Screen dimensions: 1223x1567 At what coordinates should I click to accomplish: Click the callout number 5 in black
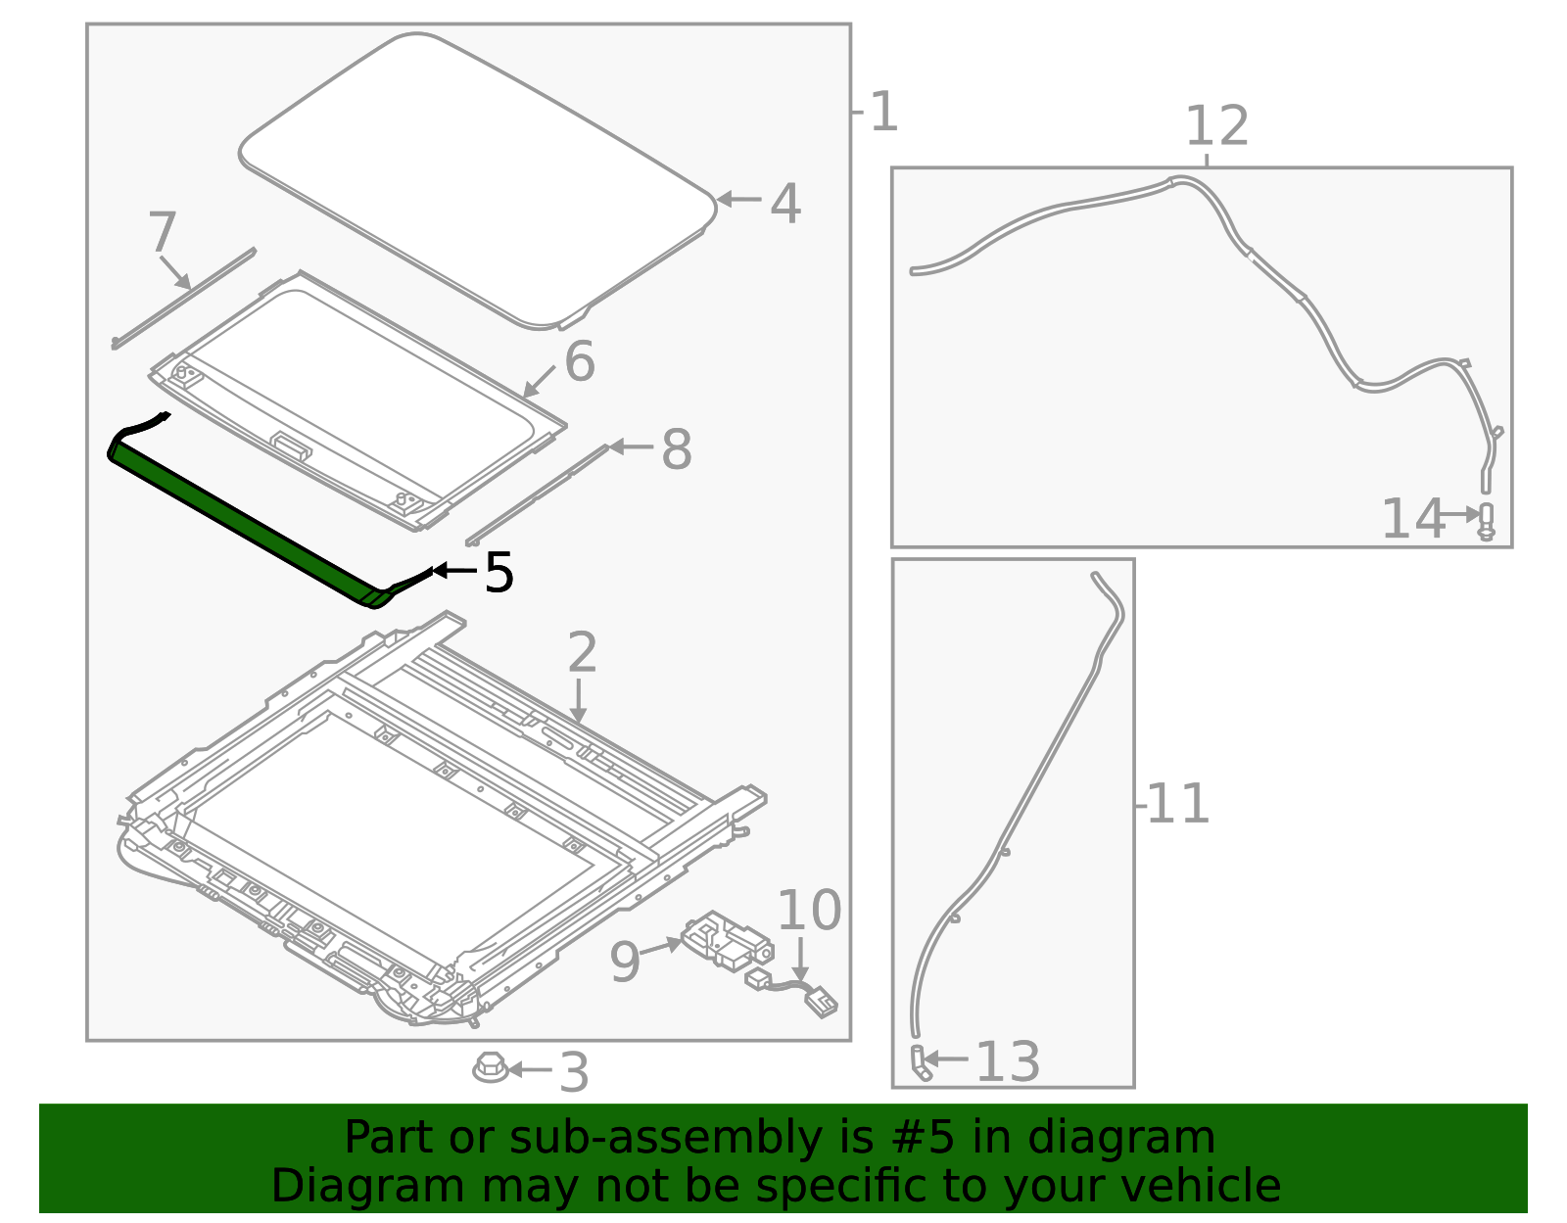[499, 573]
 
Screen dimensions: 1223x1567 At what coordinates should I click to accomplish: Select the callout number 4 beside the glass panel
[785, 204]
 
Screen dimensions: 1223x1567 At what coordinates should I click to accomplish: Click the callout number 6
[579, 362]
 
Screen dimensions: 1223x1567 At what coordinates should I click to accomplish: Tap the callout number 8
[677, 450]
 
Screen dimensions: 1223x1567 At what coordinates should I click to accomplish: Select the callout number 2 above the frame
[582, 652]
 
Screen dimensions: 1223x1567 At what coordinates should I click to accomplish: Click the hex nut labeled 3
[490, 1066]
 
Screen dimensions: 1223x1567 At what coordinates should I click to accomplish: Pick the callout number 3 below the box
[574, 1072]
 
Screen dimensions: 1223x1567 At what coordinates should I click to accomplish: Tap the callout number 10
[808, 911]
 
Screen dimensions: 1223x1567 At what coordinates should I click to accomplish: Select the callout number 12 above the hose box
[1217, 126]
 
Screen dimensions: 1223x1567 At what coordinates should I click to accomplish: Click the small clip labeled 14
[1486, 521]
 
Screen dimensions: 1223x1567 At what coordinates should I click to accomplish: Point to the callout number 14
[1412, 519]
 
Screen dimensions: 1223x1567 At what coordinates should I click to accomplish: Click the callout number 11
[1177, 804]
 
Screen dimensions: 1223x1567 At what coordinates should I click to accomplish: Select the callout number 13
[1008, 1062]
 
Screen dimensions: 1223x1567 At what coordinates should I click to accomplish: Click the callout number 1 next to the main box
[883, 113]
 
